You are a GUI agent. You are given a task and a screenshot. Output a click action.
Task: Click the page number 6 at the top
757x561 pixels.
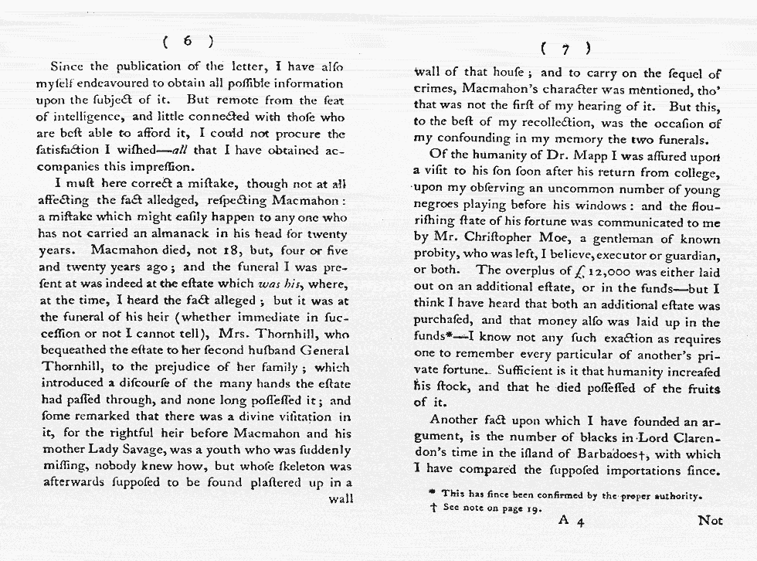point(188,40)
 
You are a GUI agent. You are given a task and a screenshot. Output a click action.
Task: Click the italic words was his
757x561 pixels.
point(279,284)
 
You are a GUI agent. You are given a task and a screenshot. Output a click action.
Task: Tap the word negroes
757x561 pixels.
point(440,207)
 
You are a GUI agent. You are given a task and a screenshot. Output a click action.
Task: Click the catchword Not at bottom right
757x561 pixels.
point(709,520)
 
